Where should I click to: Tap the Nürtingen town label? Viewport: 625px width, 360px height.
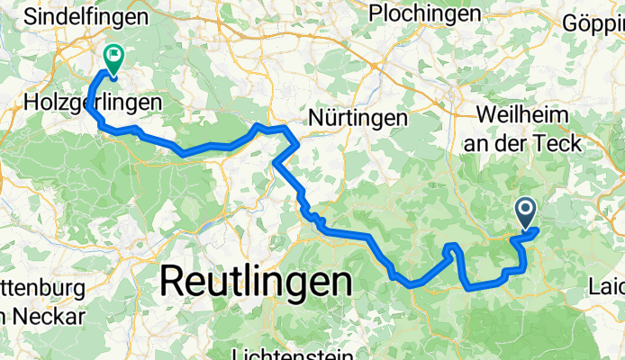358,117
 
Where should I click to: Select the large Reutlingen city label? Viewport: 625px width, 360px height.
256,282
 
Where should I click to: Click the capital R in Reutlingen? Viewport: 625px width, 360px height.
174,282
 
